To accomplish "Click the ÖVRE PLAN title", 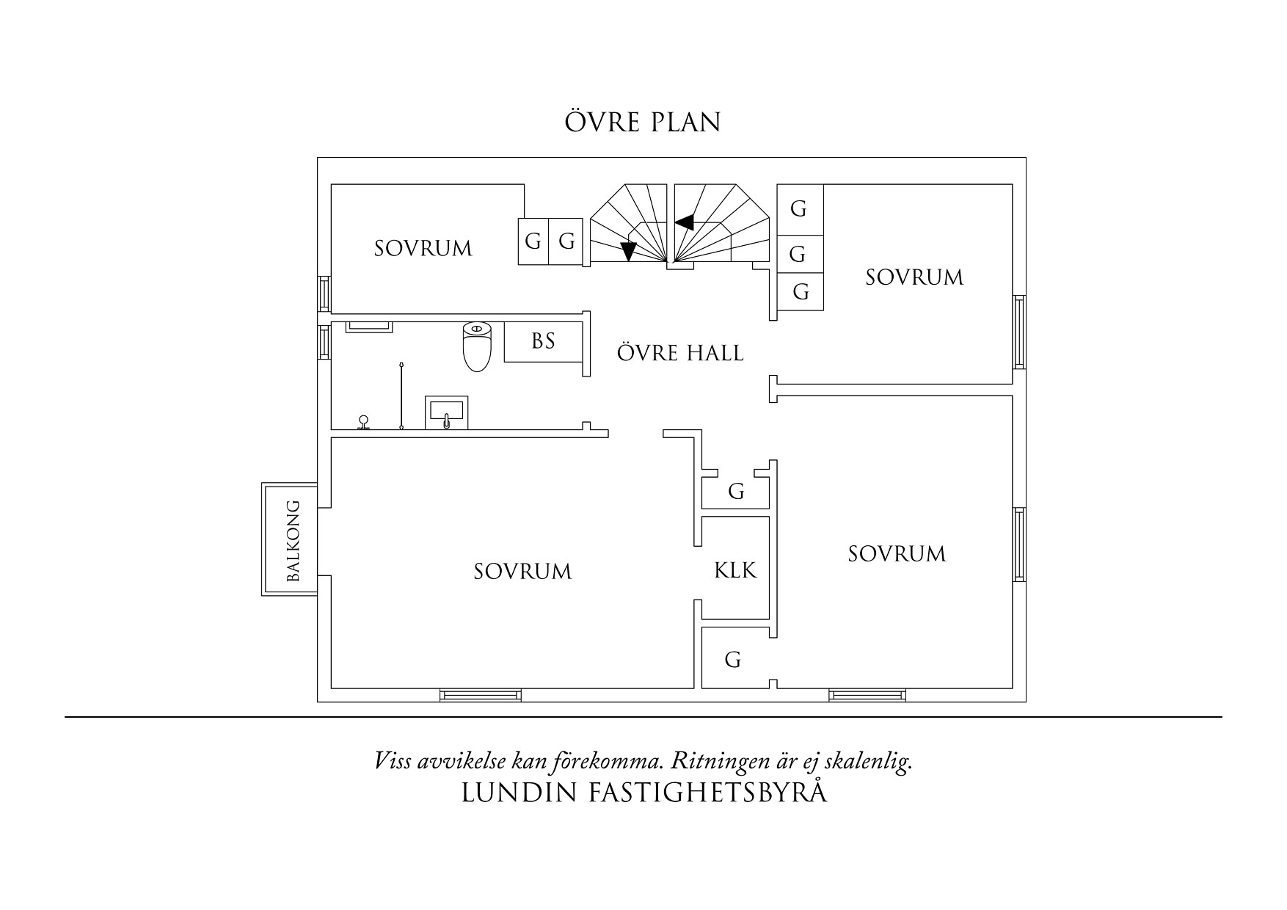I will tap(643, 123).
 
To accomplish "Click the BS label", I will tap(543, 341).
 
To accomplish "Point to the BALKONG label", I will tap(294, 541).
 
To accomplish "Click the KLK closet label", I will tap(735, 570).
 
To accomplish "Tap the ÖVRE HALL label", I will tap(680, 353).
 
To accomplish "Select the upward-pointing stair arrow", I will tap(685, 221).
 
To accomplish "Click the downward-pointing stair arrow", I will tap(628, 251).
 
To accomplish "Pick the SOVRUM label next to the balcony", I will tap(522, 572).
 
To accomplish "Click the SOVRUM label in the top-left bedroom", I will tap(423, 249).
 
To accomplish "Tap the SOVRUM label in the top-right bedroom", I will tap(914, 277).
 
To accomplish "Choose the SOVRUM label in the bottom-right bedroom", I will tap(897, 554).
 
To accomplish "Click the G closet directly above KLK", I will tap(736, 492).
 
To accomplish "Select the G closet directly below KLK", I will tap(733, 660).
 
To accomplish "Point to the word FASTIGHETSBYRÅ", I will tap(708, 793).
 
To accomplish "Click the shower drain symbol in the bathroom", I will tap(363, 423).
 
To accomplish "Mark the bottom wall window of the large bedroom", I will tap(481, 694).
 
